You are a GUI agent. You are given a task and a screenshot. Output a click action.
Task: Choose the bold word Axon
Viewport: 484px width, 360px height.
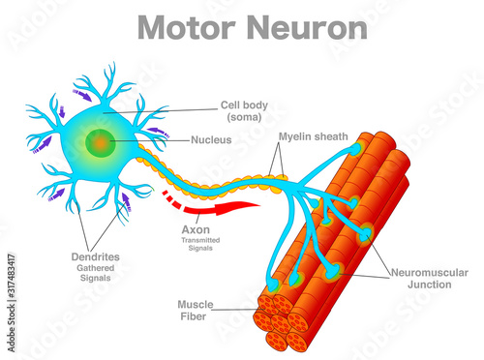(x=196, y=229)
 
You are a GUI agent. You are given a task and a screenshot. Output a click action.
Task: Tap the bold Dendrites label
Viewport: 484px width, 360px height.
(x=94, y=256)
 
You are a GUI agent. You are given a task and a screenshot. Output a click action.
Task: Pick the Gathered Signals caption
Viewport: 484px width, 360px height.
(x=94, y=272)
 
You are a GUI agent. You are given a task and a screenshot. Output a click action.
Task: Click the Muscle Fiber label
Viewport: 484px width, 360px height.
(x=195, y=310)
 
